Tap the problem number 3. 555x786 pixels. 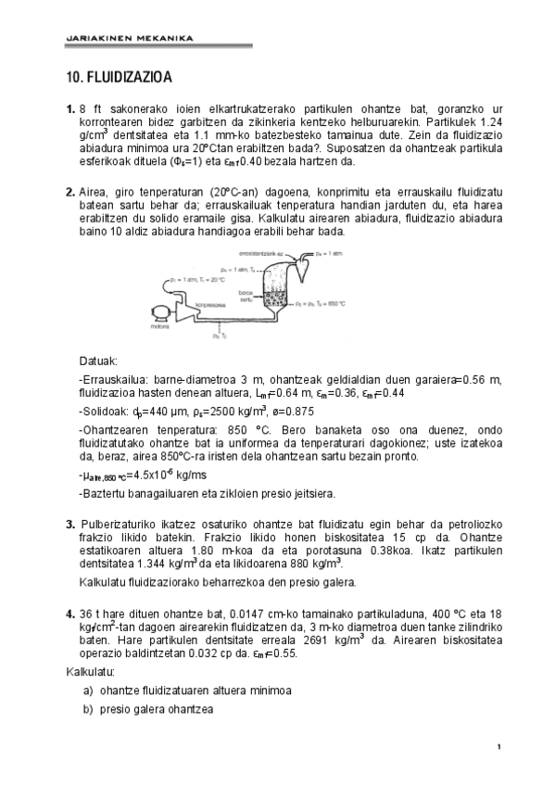[x=70, y=525]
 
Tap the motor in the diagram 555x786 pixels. [x=156, y=312]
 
